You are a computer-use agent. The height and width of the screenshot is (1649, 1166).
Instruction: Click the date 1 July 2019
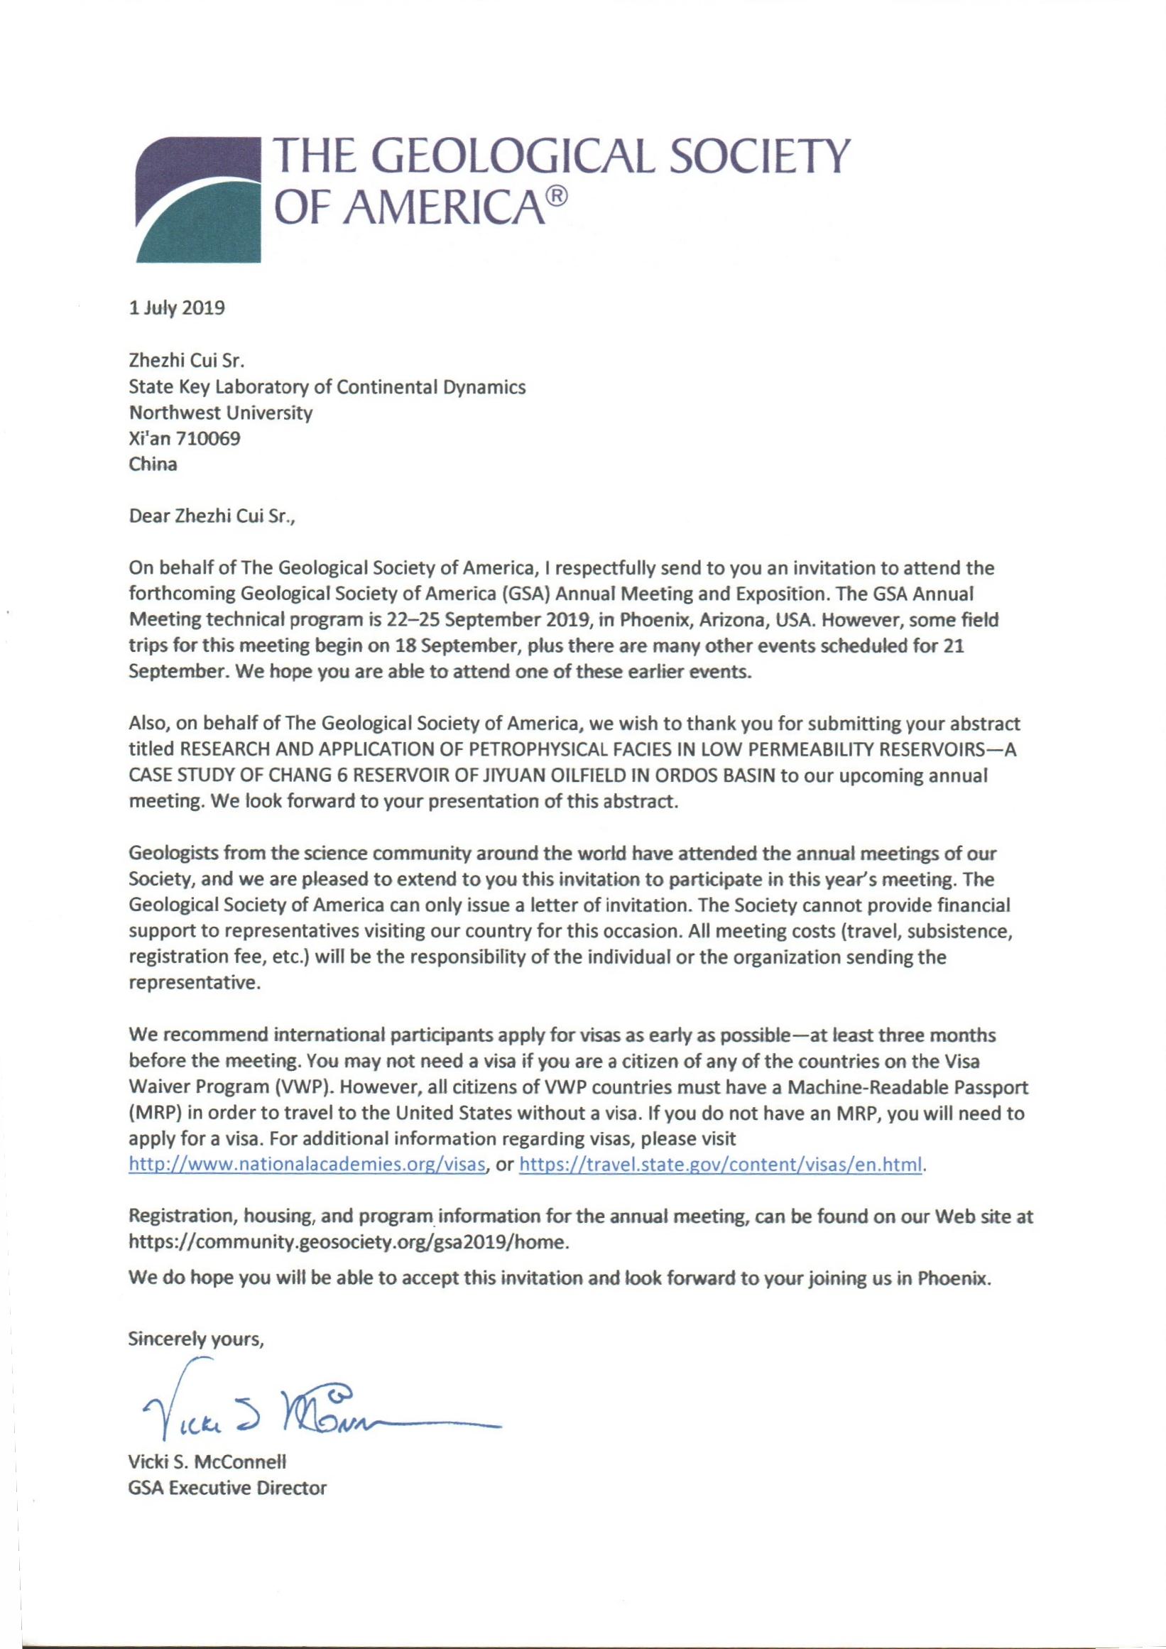pyautogui.click(x=177, y=309)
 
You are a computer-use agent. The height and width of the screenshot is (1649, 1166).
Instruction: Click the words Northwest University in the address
pyautogui.click(x=220, y=413)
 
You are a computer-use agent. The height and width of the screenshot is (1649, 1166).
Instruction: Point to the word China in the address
pyautogui.click(x=152, y=464)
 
